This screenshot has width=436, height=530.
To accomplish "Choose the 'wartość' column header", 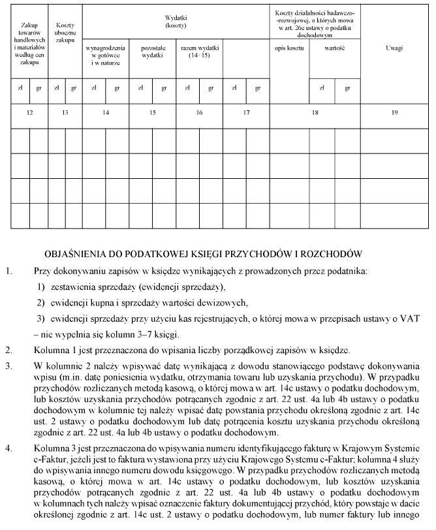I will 335,48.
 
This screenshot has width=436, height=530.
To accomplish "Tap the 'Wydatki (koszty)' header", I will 176,22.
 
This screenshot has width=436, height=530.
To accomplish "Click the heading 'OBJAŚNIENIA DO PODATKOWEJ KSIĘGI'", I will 202,253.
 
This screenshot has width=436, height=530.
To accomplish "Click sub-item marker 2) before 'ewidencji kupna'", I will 40,302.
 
